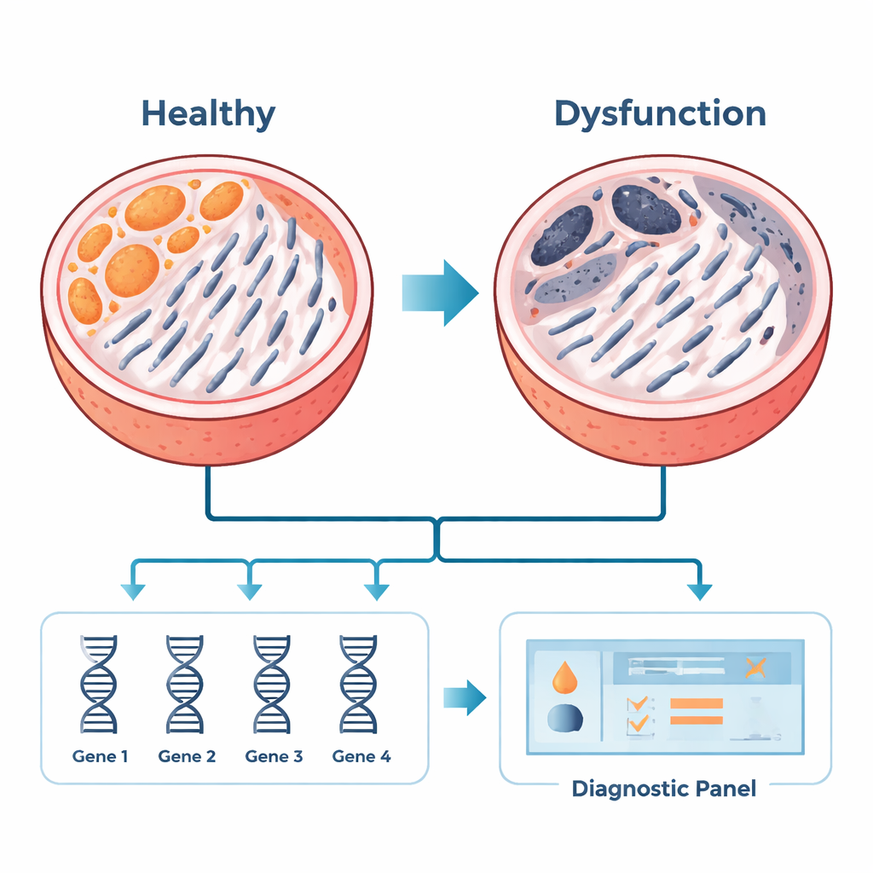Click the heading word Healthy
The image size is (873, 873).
(208, 113)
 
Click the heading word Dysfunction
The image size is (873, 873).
(660, 113)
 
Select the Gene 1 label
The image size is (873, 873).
(100, 755)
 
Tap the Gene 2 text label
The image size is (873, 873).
(187, 755)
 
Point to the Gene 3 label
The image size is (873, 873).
(274, 755)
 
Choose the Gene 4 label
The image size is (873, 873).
(361, 755)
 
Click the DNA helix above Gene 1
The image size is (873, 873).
(99, 685)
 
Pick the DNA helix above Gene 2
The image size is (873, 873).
(185, 685)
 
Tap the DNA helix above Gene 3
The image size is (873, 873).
(272, 685)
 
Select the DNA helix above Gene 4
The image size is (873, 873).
(359, 685)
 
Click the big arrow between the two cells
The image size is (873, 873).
(440, 292)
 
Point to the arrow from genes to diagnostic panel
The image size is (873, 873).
(464, 697)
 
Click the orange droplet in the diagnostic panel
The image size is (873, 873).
(564, 676)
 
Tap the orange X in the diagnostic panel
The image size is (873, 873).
(754, 668)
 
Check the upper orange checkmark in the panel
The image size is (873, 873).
(636, 704)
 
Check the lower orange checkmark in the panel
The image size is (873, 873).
(636, 725)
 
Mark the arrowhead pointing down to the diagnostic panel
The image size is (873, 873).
(699, 591)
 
